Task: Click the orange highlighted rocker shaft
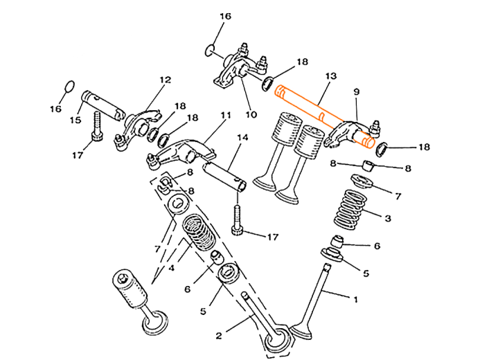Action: [322, 116]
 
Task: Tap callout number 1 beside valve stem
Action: [356, 299]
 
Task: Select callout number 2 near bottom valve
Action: [219, 335]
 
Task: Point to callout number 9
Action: [356, 91]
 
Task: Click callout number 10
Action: [250, 114]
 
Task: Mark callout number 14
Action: [242, 138]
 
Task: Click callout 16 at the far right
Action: [425, 147]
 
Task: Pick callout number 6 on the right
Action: [377, 246]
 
